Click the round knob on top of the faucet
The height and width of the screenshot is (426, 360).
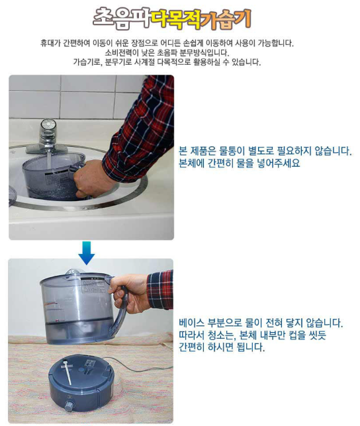(x=48, y=125)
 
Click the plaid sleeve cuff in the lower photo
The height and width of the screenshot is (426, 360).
(x=159, y=288)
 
